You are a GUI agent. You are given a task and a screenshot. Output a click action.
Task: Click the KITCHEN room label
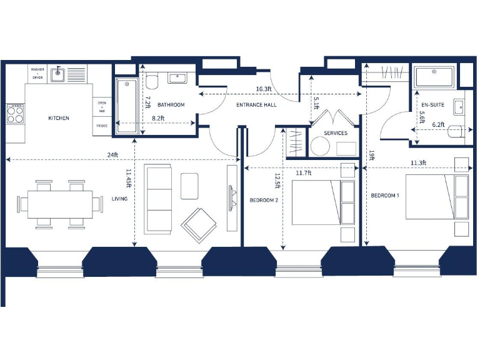tap(59, 118)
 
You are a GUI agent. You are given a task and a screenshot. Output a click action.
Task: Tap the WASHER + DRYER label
tap(37, 73)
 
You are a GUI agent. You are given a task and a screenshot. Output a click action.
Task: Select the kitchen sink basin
tap(57, 74)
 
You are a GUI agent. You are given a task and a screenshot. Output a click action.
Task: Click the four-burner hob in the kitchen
tap(15, 114)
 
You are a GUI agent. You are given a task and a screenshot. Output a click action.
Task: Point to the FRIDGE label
tap(101, 126)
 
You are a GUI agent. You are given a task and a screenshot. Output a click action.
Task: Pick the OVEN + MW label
tap(101, 106)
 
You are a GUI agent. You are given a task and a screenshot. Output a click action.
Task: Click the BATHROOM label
tap(171, 105)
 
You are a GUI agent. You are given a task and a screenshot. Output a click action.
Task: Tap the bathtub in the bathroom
tap(127, 106)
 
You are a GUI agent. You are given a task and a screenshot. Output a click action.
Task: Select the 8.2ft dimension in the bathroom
tap(157, 117)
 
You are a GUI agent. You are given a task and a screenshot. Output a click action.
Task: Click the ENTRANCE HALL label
tap(256, 105)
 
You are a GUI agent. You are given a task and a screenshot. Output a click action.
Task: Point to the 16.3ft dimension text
tap(263, 89)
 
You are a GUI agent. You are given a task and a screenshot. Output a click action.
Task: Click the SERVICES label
tap(336, 133)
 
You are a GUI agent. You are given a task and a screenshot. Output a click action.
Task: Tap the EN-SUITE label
tap(432, 104)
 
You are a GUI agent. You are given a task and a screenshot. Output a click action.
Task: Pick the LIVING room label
tap(119, 199)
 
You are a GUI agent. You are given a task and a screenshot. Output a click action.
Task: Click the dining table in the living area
tap(61, 204)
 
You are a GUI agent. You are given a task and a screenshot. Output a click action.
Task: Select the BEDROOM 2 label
tap(263, 200)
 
